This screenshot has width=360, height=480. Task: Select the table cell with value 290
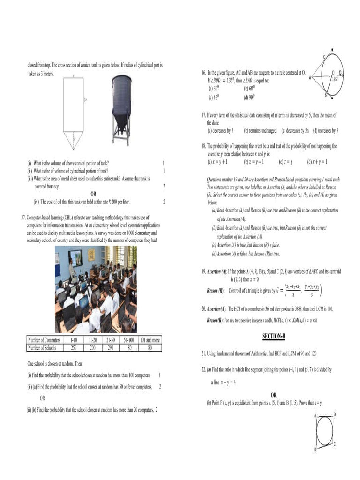[x=111, y=348]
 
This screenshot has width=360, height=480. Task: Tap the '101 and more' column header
[x=150, y=340]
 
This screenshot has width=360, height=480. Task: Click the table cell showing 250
[x=74, y=348]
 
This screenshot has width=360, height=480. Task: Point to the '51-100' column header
[x=129, y=340]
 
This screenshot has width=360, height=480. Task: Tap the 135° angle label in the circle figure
[x=335, y=79]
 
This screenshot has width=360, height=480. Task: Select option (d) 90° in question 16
[x=248, y=97]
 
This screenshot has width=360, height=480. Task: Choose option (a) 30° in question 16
[x=213, y=88]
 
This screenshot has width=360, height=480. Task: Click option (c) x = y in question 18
[x=285, y=162]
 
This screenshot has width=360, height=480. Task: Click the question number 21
[x=204, y=352]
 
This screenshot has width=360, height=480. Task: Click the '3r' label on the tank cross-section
[x=84, y=100]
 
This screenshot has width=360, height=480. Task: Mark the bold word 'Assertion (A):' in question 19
[x=217, y=271]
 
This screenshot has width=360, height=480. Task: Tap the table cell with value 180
[x=129, y=348]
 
